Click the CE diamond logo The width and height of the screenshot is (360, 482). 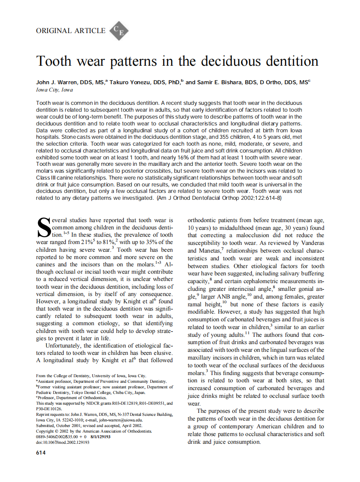coord(119,31)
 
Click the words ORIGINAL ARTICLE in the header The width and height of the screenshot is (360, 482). coord(71,31)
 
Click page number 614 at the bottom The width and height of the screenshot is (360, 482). coord(41,452)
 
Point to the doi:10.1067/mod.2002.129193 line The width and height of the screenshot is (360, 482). coord(63,442)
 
